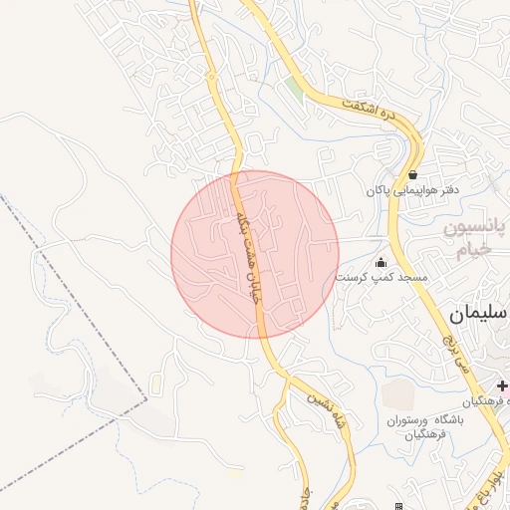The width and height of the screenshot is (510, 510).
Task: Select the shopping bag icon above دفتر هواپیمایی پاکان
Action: [x=412, y=173]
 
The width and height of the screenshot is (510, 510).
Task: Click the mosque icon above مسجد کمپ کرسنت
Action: [x=381, y=262]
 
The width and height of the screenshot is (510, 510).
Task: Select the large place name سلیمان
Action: [x=476, y=314]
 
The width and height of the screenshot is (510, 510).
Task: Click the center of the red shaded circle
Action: [x=255, y=254]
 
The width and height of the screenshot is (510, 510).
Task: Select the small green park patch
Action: [x=293, y=89]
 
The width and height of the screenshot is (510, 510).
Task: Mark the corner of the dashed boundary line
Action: [x=146, y=401]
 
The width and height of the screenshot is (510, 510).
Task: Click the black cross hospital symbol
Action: [x=501, y=384]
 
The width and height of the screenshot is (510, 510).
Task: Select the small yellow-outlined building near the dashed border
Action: [x=157, y=381]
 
